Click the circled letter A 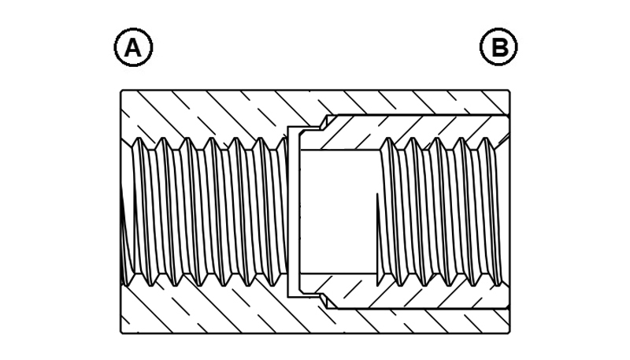(133, 47)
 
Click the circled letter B (498, 46)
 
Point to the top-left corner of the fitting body (121, 91)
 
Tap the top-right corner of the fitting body (510, 91)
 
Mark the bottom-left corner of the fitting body (121, 333)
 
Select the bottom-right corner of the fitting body (510, 333)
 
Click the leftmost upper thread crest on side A (137, 139)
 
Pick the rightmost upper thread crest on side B (485, 139)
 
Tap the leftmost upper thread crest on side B (388, 139)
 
